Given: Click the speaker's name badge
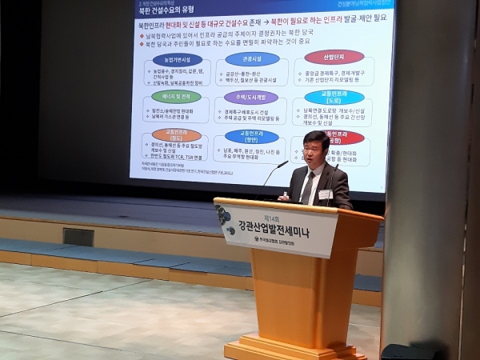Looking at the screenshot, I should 326,194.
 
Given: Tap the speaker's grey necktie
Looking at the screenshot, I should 308,188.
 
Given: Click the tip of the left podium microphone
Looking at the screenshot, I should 286,162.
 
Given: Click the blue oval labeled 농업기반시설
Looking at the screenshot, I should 182,60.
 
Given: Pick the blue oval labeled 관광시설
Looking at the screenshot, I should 252,58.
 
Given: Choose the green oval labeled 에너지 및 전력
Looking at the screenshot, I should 176,96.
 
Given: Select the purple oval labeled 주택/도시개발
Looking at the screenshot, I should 251,97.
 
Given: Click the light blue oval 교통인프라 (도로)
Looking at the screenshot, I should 334,98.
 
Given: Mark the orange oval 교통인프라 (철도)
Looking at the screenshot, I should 171,134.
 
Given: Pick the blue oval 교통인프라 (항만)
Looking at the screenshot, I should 251,137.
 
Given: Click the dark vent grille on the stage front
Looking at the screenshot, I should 78,237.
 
